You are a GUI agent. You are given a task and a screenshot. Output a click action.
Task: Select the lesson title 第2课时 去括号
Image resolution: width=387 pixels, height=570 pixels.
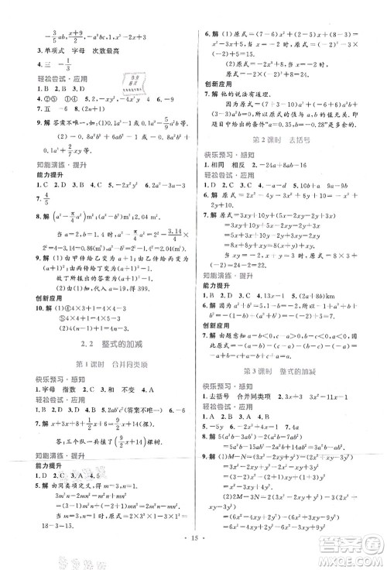pos(286,140)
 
